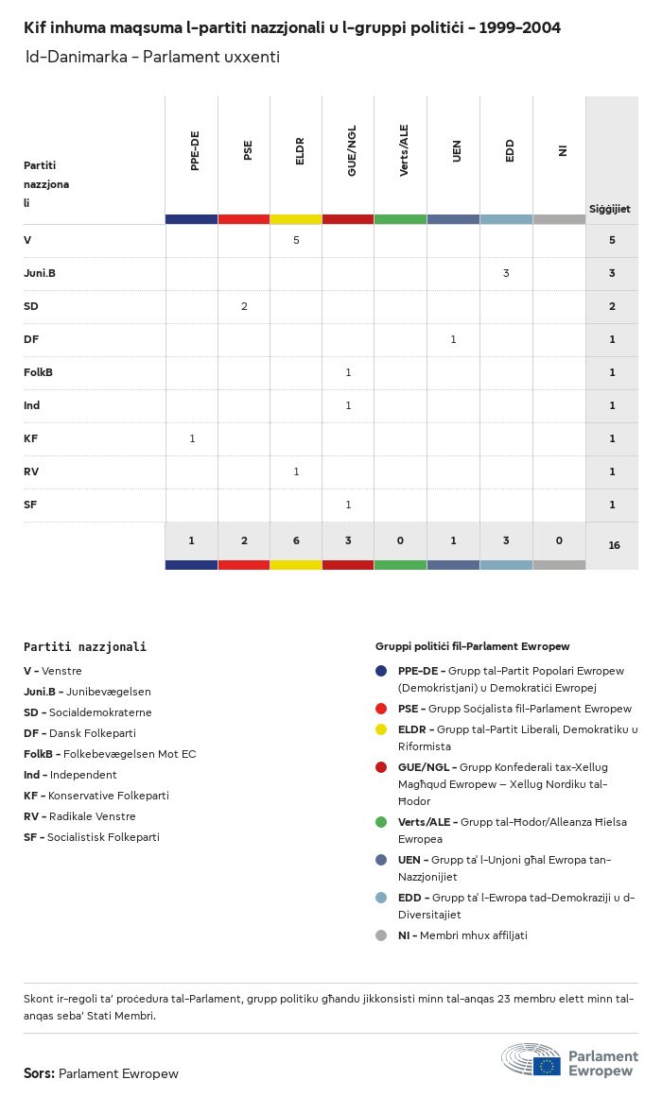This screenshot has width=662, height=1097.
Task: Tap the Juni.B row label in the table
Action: pyautogui.click(x=40, y=273)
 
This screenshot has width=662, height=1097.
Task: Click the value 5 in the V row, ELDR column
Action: pyautogui.click(x=296, y=240)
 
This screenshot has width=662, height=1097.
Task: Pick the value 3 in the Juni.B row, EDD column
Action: pyautogui.click(x=506, y=273)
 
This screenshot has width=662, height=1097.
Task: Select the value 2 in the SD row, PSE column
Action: pyautogui.click(x=244, y=306)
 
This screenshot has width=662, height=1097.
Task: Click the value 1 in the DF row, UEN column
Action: pyautogui.click(x=453, y=339)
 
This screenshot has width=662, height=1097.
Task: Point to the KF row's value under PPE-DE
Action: pyautogui.click(x=192, y=438)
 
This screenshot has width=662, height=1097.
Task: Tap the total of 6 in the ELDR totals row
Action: pyautogui.click(x=296, y=540)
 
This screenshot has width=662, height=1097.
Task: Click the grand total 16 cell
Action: pyautogui.click(x=614, y=545)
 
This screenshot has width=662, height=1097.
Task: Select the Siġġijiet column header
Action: pyautogui.click(x=610, y=209)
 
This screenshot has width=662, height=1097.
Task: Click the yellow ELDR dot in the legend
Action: pyautogui.click(x=381, y=729)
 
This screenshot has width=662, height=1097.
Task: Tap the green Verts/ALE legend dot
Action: pyautogui.click(x=381, y=822)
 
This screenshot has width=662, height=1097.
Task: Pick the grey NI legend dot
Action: pyautogui.click(x=381, y=935)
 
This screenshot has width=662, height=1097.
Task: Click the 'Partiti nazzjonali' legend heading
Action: pyautogui.click(x=85, y=647)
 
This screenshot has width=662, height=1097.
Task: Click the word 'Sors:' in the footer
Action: pyautogui.click(x=40, y=1073)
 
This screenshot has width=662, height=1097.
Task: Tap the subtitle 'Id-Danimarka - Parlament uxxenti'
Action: pyautogui.click(x=152, y=57)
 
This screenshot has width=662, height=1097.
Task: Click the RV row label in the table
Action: pyautogui.click(x=32, y=471)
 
